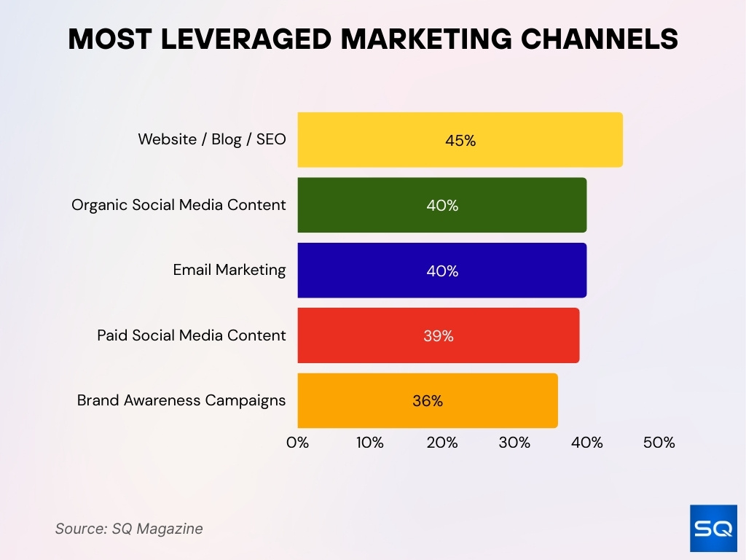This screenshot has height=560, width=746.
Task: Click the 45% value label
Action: click(x=460, y=141)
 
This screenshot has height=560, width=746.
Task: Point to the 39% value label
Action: click(x=439, y=336)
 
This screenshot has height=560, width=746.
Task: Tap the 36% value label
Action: click(x=428, y=401)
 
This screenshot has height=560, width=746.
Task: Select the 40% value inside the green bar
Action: click(x=442, y=206)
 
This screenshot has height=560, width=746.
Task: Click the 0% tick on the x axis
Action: click(x=298, y=443)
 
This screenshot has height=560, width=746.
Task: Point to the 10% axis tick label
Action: click(x=370, y=443)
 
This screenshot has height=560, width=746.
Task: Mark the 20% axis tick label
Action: click(x=442, y=443)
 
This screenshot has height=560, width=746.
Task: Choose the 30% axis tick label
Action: click(x=514, y=443)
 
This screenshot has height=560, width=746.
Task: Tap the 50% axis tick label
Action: click(x=659, y=443)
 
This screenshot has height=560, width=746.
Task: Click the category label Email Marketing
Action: click(x=229, y=270)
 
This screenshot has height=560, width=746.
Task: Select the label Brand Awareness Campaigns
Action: click(x=181, y=400)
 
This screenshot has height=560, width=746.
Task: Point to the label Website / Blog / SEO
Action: click(x=212, y=139)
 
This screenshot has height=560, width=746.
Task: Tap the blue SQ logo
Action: click(x=713, y=528)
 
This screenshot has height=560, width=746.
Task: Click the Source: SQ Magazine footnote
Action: click(x=129, y=529)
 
